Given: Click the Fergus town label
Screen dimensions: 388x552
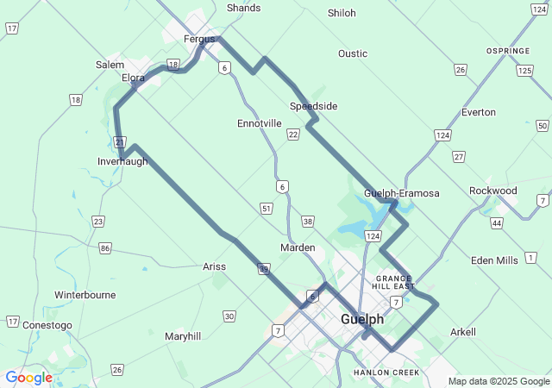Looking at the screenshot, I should (x=198, y=39).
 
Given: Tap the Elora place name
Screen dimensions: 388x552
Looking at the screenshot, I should (x=133, y=78).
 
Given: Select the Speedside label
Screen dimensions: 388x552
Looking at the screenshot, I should (x=313, y=106).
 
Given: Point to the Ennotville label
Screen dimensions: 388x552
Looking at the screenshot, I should (x=260, y=123).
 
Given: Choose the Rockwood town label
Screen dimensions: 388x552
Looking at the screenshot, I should (x=493, y=191).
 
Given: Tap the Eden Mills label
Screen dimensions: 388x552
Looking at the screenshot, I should (x=495, y=260).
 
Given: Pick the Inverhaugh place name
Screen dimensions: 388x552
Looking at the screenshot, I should (x=122, y=161).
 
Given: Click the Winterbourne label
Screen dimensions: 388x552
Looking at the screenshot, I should (x=85, y=295).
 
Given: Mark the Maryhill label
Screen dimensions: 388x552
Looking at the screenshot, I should (x=183, y=335).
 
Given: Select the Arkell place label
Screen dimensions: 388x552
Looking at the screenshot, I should (x=463, y=332).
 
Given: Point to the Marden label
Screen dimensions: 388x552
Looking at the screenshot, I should (x=298, y=247).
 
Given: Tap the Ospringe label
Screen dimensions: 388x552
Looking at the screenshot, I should (x=508, y=51).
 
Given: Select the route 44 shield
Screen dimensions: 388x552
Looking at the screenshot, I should (x=497, y=223).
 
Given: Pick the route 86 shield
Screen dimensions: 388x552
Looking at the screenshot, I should (x=105, y=248).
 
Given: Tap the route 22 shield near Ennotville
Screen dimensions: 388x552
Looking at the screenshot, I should (x=293, y=134).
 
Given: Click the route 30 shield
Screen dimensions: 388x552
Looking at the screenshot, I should (x=229, y=316).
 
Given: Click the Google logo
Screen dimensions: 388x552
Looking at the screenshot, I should (x=28, y=378).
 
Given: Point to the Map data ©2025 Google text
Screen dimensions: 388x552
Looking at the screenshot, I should (x=499, y=381).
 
